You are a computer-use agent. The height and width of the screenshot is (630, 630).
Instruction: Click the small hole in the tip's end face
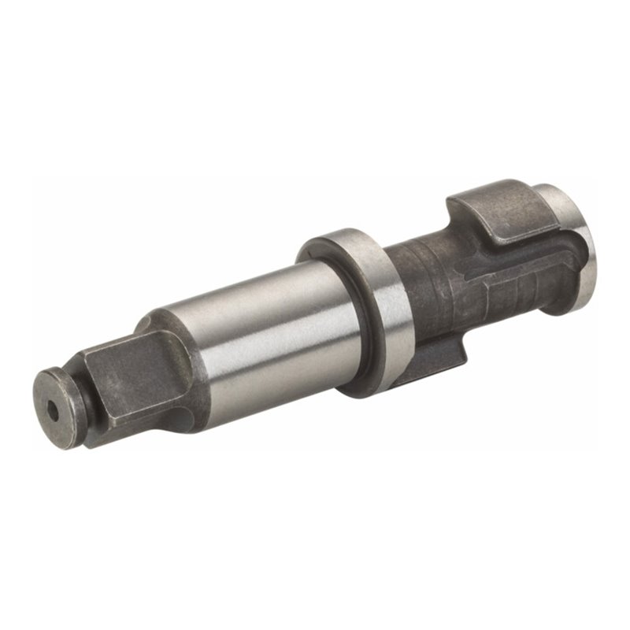53,409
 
